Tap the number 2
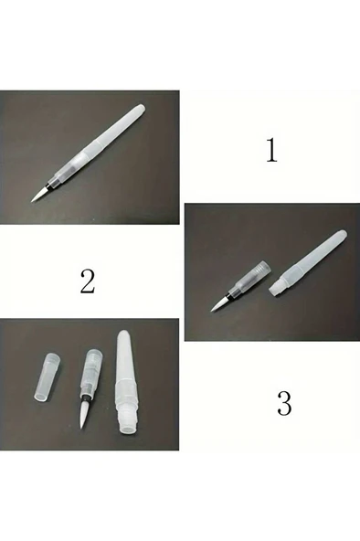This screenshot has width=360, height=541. tap(88, 281)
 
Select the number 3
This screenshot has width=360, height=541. tap(284, 402)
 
